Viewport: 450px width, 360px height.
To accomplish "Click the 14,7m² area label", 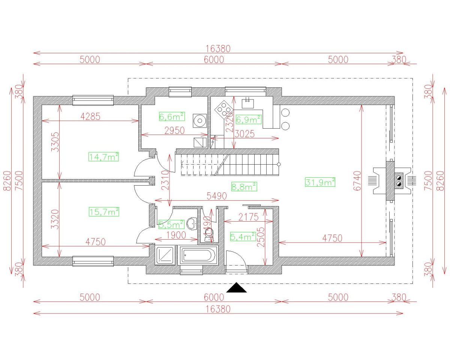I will coord(103,157).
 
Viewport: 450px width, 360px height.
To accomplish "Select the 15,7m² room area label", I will coord(103,212).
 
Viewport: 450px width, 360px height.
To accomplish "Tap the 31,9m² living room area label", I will coord(320,182).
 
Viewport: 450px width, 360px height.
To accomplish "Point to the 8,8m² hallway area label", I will coord(244,186).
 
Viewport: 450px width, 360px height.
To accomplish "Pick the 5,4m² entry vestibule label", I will coord(243,236).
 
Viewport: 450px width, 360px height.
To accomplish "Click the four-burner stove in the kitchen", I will coord(223,110).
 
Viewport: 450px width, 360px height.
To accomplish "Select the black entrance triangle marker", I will coord(237,288).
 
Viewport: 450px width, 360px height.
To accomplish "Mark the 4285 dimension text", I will coord(90,116).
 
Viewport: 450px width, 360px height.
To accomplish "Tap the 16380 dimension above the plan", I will coord(218,49).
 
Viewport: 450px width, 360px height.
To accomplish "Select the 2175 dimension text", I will coord(248,217).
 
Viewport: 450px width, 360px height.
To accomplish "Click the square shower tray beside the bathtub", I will coord(165,255).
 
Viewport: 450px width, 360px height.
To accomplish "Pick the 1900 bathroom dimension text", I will coord(176,235).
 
